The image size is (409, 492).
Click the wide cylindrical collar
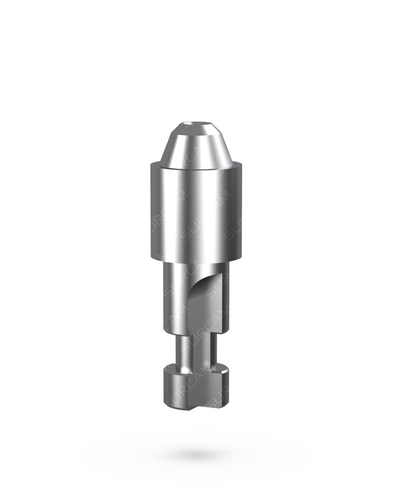193,212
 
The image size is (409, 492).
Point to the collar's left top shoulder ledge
155,164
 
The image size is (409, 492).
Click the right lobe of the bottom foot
223,382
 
